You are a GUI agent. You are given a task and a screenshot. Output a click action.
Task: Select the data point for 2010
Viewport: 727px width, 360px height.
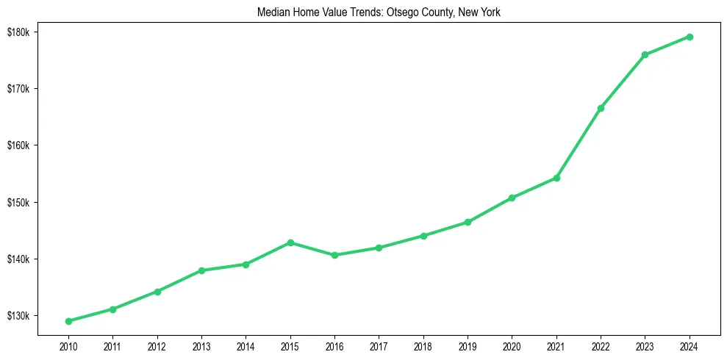click(68, 321)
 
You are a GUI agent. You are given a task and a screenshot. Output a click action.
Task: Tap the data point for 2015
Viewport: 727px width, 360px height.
click(290, 242)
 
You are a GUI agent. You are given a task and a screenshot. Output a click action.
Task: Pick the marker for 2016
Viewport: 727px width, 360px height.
click(334, 255)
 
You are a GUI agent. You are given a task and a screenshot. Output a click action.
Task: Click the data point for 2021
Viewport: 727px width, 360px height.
click(556, 178)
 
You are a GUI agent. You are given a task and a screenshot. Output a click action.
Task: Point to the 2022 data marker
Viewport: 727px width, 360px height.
click(601, 108)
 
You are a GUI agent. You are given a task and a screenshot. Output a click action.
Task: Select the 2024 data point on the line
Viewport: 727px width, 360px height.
click(690, 37)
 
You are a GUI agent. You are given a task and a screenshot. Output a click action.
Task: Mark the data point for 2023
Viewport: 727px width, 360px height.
click(645, 54)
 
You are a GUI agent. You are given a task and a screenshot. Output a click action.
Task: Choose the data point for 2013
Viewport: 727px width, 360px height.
click(201, 270)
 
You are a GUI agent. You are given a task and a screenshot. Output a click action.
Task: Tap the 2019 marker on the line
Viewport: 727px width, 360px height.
click(468, 222)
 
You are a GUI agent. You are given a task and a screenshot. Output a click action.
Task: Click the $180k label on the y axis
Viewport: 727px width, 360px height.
click(18, 32)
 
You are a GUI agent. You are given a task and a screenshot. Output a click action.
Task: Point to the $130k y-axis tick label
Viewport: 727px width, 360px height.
click(18, 316)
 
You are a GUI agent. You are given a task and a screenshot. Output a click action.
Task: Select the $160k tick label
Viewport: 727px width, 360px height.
click(18, 145)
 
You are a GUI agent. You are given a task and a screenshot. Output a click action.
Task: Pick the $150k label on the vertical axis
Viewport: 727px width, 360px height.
click(18, 202)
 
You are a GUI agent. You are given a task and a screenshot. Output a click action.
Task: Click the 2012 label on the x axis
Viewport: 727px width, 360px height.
click(157, 345)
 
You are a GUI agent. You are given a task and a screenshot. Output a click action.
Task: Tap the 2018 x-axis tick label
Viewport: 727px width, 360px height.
click(423, 345)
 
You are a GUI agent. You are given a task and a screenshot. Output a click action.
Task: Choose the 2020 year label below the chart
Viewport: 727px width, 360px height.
click(512, 345)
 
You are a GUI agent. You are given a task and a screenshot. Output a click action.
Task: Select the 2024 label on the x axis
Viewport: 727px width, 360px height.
click(690, 345)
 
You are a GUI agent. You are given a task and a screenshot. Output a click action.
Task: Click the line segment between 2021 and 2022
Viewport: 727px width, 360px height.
click(579, 143)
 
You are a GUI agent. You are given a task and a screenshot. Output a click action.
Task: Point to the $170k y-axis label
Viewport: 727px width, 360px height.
click(18, 89)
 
